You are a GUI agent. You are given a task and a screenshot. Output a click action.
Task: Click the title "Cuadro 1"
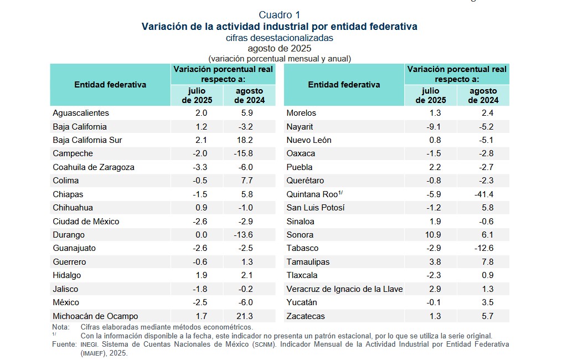[x=280, y=15]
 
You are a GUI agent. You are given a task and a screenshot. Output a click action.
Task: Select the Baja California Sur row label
[x=87, y=140]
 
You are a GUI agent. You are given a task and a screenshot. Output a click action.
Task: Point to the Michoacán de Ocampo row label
[x=95, y=316]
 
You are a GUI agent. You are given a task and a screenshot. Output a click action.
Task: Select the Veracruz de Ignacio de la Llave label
[x=344, y=289]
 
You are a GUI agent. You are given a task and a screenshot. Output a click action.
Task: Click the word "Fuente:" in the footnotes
[x=64, y=344]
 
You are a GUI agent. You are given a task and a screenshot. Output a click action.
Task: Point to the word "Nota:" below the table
[x=61, y=327]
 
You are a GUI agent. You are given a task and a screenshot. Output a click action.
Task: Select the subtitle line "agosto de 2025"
[x=280, y=48]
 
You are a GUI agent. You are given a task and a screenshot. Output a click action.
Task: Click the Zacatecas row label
[x=306, y=316]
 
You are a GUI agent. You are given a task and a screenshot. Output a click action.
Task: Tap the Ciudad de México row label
[x=86, y=222]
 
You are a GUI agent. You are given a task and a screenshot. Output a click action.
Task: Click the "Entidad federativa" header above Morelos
[x=344, y=85]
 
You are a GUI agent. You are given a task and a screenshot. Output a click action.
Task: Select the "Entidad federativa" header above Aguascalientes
[x=110, y=85]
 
